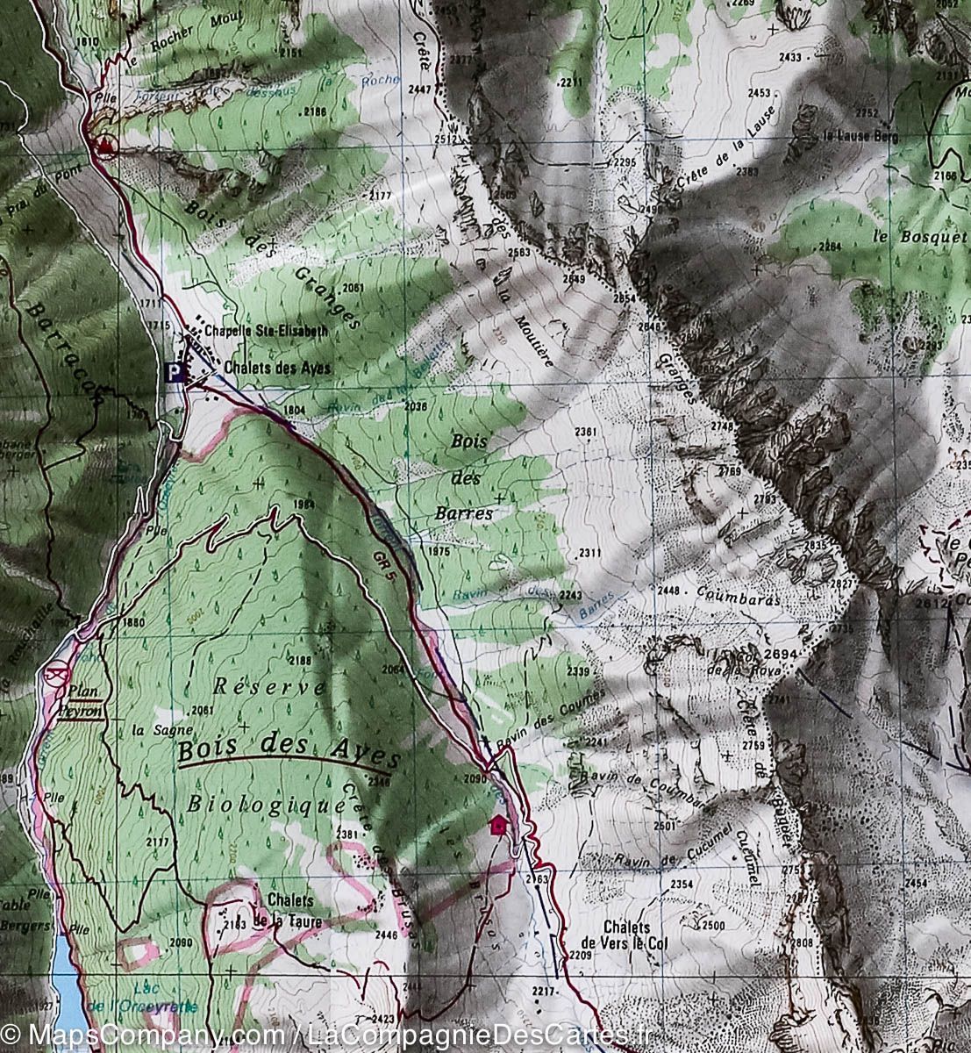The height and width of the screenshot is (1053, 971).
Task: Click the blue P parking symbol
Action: tap(175, 373)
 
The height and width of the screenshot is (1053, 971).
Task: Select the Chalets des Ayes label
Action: tap(277, 368)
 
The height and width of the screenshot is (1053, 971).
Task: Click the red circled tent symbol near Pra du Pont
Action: tap(106, 145)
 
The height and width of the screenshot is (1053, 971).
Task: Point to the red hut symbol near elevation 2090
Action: tap(499, 824)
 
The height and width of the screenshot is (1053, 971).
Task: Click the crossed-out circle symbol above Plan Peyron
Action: tap(57, 675)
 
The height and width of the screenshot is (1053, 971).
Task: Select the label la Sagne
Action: tap(150, 729)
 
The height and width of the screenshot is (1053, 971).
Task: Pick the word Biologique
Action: tap(264, 805)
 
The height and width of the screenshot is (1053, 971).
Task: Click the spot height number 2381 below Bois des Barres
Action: tap(587, 432)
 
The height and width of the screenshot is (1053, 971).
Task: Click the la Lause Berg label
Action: tap(859, 136)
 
